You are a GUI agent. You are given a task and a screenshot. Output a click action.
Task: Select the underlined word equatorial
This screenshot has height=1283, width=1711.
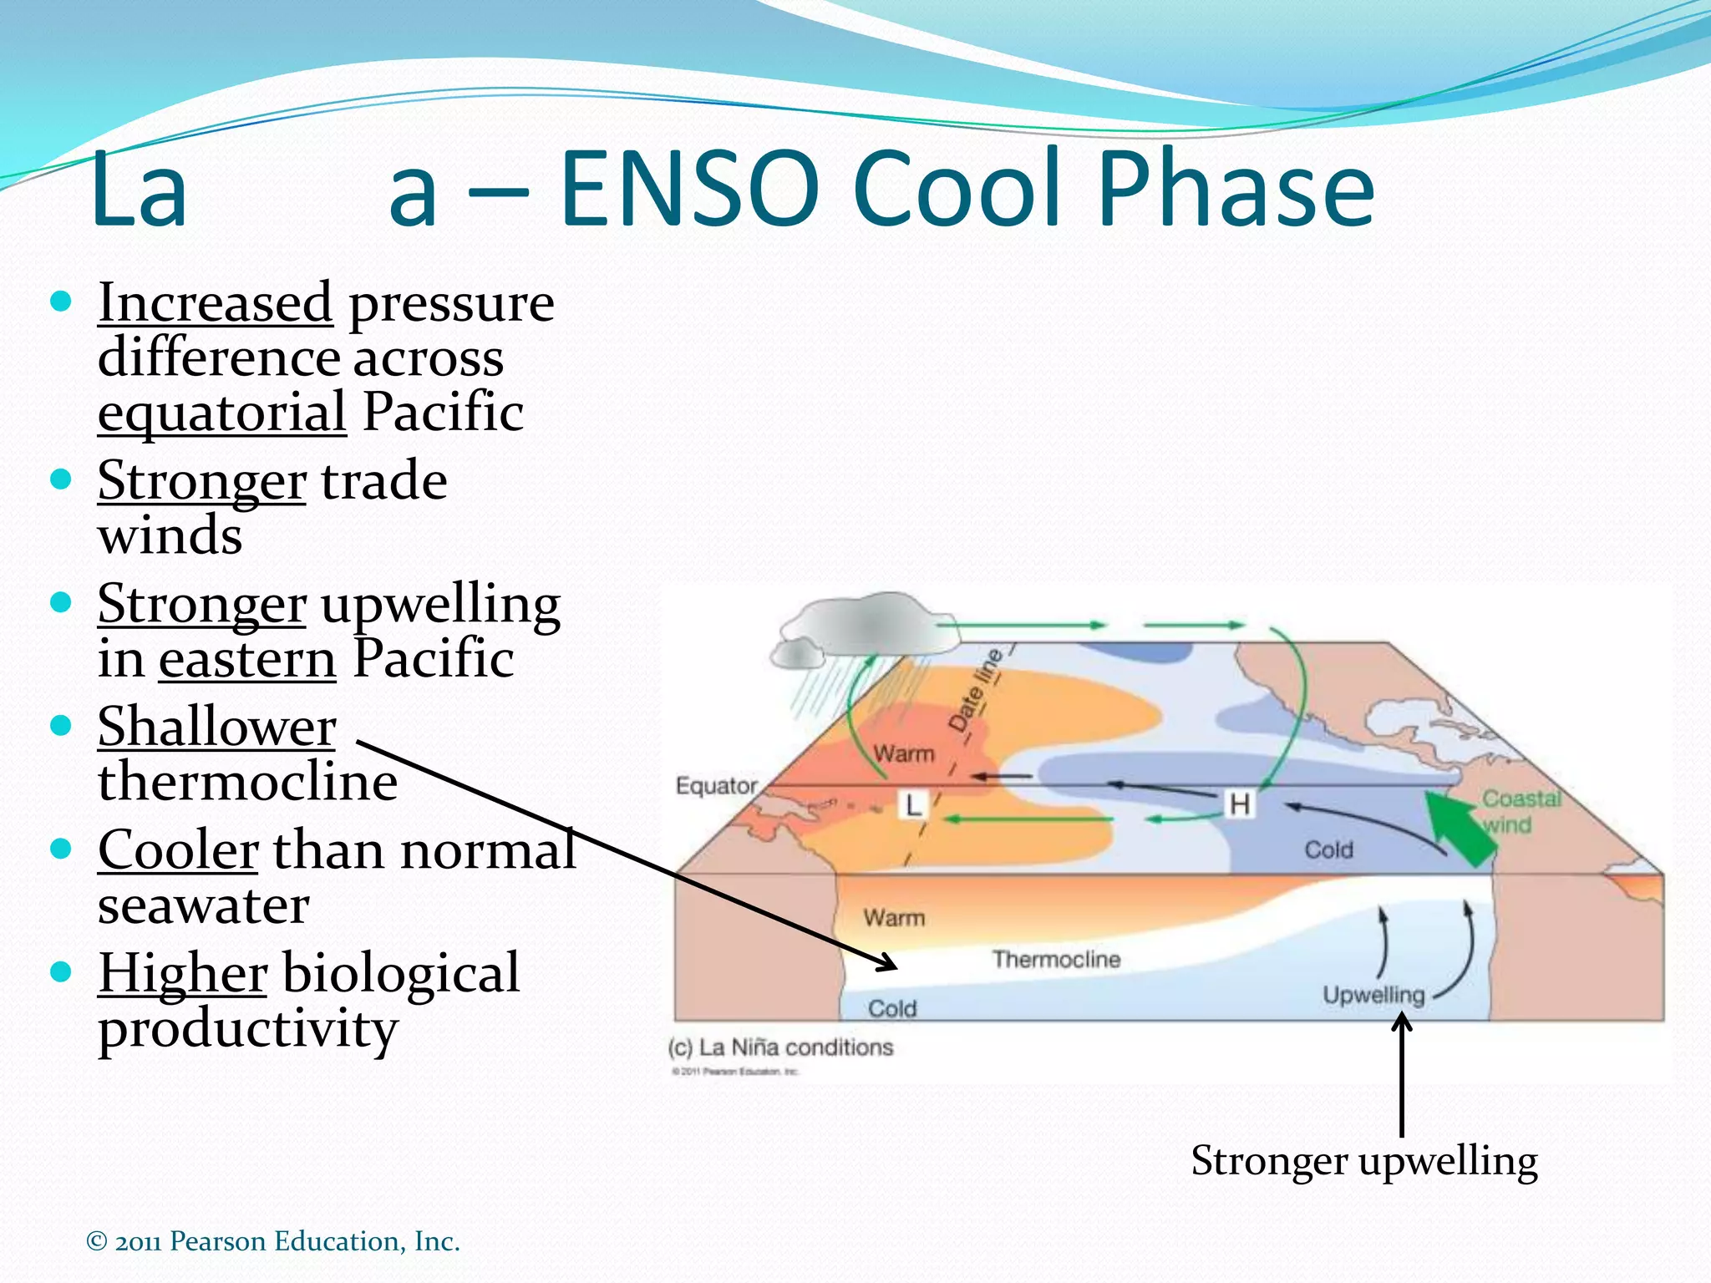221,413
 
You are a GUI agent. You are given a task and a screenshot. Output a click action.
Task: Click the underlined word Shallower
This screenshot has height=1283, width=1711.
216,727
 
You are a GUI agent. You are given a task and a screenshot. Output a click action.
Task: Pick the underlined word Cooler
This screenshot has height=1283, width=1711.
177,850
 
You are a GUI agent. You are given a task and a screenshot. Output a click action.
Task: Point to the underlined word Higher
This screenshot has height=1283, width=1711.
182,973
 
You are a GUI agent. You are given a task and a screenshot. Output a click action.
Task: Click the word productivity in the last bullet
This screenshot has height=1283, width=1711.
247,1029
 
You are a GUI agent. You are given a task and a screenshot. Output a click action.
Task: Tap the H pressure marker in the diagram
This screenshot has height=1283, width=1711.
1239,804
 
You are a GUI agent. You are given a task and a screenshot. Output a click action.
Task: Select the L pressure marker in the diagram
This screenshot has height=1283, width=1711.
913,805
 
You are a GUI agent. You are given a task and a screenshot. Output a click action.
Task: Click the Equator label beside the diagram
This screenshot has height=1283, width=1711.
716,786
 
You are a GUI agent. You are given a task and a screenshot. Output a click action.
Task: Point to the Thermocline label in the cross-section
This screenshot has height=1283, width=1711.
1056,959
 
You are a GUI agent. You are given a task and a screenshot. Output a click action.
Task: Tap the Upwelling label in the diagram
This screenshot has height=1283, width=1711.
1373,995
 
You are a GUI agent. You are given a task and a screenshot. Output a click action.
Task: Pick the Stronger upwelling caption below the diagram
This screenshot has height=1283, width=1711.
1363,1161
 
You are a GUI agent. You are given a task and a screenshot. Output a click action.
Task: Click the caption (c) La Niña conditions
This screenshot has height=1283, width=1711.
780,1047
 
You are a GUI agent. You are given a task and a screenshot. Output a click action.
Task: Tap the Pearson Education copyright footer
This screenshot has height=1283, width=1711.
273,1241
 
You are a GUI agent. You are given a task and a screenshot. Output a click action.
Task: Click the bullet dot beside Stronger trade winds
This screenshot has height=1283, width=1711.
61,479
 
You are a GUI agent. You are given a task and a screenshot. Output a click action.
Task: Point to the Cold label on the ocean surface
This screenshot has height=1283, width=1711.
1328,849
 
